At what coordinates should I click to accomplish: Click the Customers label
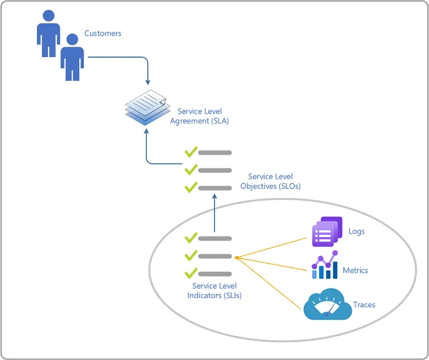[x=103, y=33]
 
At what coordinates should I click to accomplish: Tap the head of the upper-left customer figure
[x=49, y=15]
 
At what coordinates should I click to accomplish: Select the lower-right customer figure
[x=72, y=58]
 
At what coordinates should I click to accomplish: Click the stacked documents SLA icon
[x=148, y=108]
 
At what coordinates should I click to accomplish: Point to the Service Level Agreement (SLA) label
[x=199, y=116]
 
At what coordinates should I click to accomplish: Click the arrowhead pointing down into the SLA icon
[x=148, y=82]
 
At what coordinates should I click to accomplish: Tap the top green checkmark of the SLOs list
[x=191, y=151]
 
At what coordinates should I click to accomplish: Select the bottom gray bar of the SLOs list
[x=215, y=188]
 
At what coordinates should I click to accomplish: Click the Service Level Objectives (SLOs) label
[x=270, y=181]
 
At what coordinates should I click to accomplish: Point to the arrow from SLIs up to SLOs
[x=214, y=213]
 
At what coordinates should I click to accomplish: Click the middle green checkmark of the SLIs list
[x=191, y=255]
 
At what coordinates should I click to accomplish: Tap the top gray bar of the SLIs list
[x=215, y=239]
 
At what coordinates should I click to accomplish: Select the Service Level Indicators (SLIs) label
[x=214, y=290]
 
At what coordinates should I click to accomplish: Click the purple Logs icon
[x=327, y=232]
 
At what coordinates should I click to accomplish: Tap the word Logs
[x=356, y=232]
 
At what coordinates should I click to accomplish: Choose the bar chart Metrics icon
[x=325, y=265]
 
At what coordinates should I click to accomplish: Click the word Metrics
[x=355, y=271]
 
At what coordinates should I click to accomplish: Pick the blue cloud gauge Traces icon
[x=328, y=304]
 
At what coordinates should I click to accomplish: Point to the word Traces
[x=364, y=305]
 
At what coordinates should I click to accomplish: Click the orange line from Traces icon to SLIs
[x=268, y=283]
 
